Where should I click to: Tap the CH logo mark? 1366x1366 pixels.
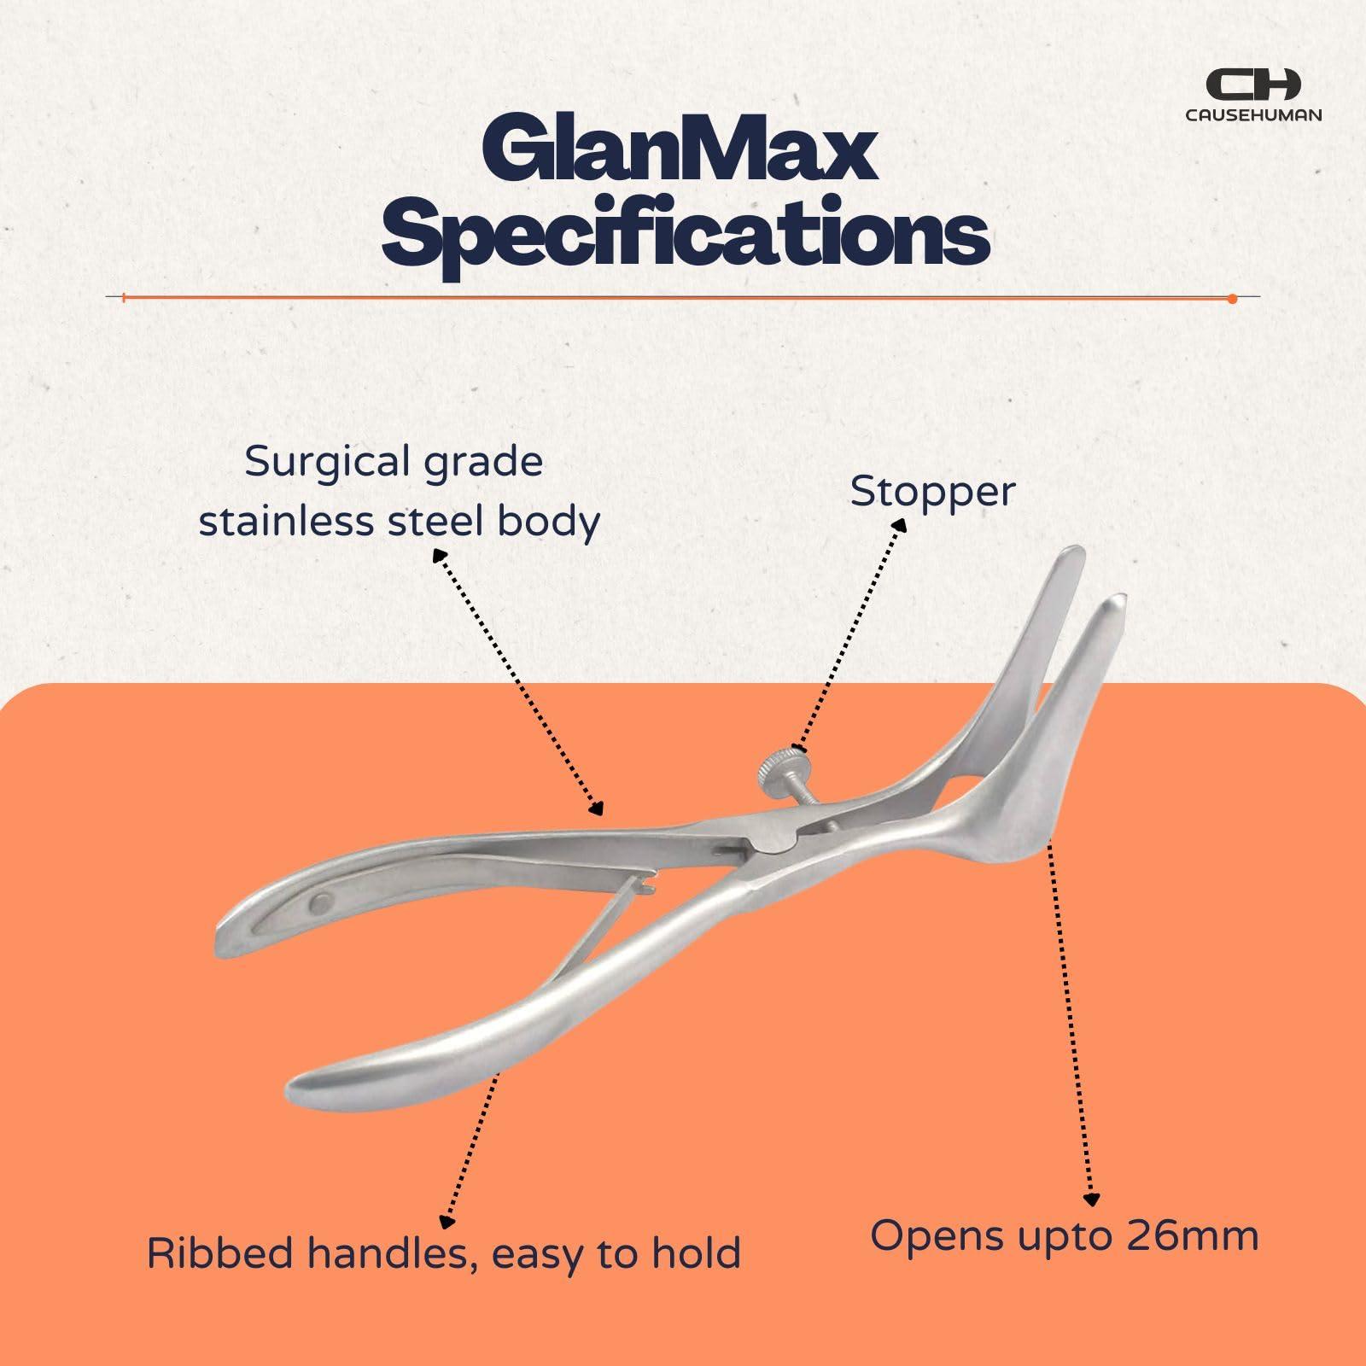pos(1252,85)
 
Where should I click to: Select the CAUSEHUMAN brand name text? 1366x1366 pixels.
pos(1253,114)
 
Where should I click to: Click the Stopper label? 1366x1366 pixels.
pos(932,492)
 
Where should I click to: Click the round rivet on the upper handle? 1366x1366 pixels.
pos(324,901)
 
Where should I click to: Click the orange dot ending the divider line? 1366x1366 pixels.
pos(1232,298)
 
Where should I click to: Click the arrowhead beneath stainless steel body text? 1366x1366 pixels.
pos(439,555)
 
